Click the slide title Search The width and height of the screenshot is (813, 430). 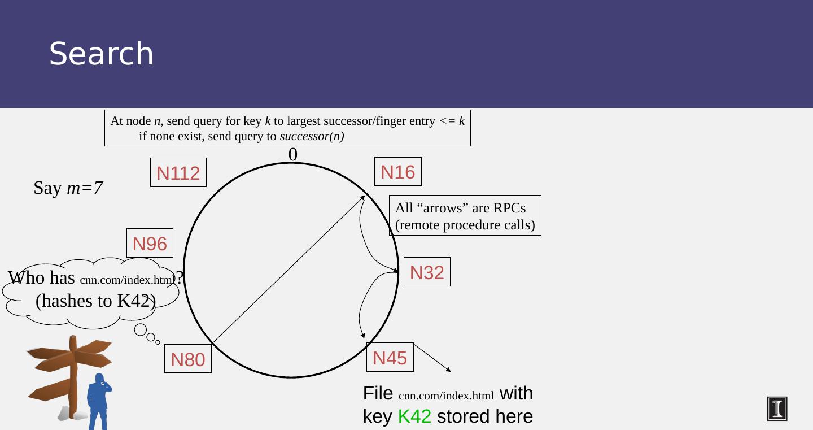(102, 54)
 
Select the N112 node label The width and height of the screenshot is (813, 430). (178, 173)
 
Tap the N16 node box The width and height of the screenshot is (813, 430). (398, 172)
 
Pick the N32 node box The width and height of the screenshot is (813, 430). (427, 272)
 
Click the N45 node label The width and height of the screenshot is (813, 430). (390, 358)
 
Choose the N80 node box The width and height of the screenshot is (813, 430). (188, 359)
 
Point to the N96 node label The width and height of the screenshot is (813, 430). (150, 244)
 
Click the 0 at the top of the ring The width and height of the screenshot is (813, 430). (293, 154)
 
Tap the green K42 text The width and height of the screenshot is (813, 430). (414, 416)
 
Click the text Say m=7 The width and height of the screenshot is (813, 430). (68, 188)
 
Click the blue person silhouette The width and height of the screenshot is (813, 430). (99, 401)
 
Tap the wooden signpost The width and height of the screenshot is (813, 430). (70, 373)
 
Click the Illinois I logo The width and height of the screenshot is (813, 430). (777, 409)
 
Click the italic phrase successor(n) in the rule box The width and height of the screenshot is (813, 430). (312, 136)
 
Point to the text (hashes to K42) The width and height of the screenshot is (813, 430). (95, 301)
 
